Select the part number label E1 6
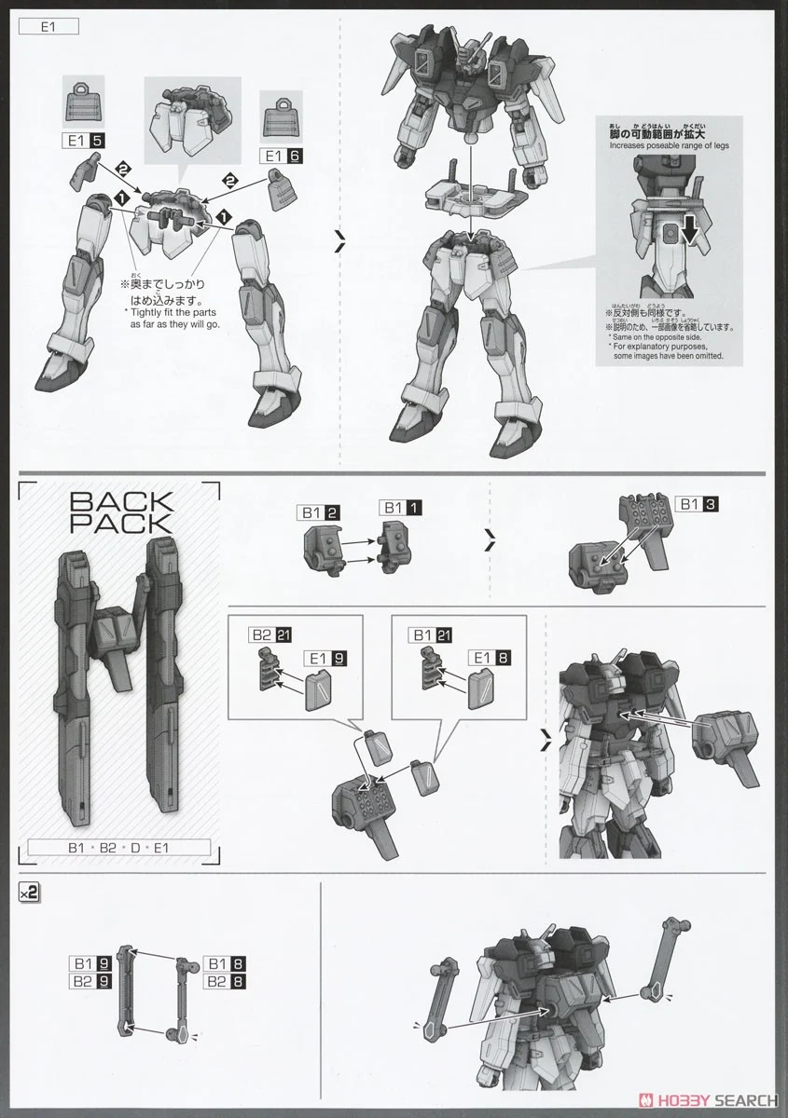tap(281, 156)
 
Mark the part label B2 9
tap(90, 981)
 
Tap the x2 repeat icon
tap(28, 892)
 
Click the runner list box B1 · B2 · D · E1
tap(119, 848)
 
